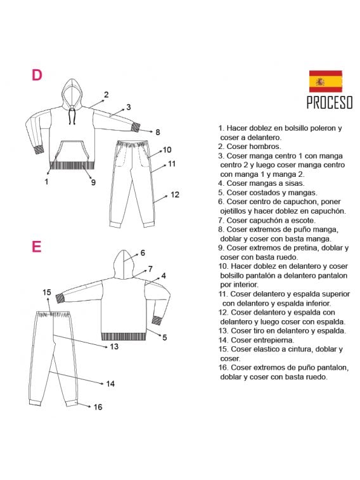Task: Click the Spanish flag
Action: coord(325,81)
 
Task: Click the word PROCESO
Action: coord(330,102)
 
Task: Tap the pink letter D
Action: coord(37,75)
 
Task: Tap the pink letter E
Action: coord(36,247)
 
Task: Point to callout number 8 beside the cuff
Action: coord(158,133)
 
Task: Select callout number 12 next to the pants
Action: coord(175,195)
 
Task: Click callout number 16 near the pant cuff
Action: coord(98,407)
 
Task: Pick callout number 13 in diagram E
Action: coord(114,347)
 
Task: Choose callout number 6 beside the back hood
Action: coord(143,253)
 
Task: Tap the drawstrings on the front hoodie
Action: coord(72,115)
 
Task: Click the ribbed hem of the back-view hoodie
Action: coord(124,337)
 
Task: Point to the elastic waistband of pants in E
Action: coord(53,314)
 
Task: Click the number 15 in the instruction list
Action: coord(223,349)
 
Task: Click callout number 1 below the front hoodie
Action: coord(46,182)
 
